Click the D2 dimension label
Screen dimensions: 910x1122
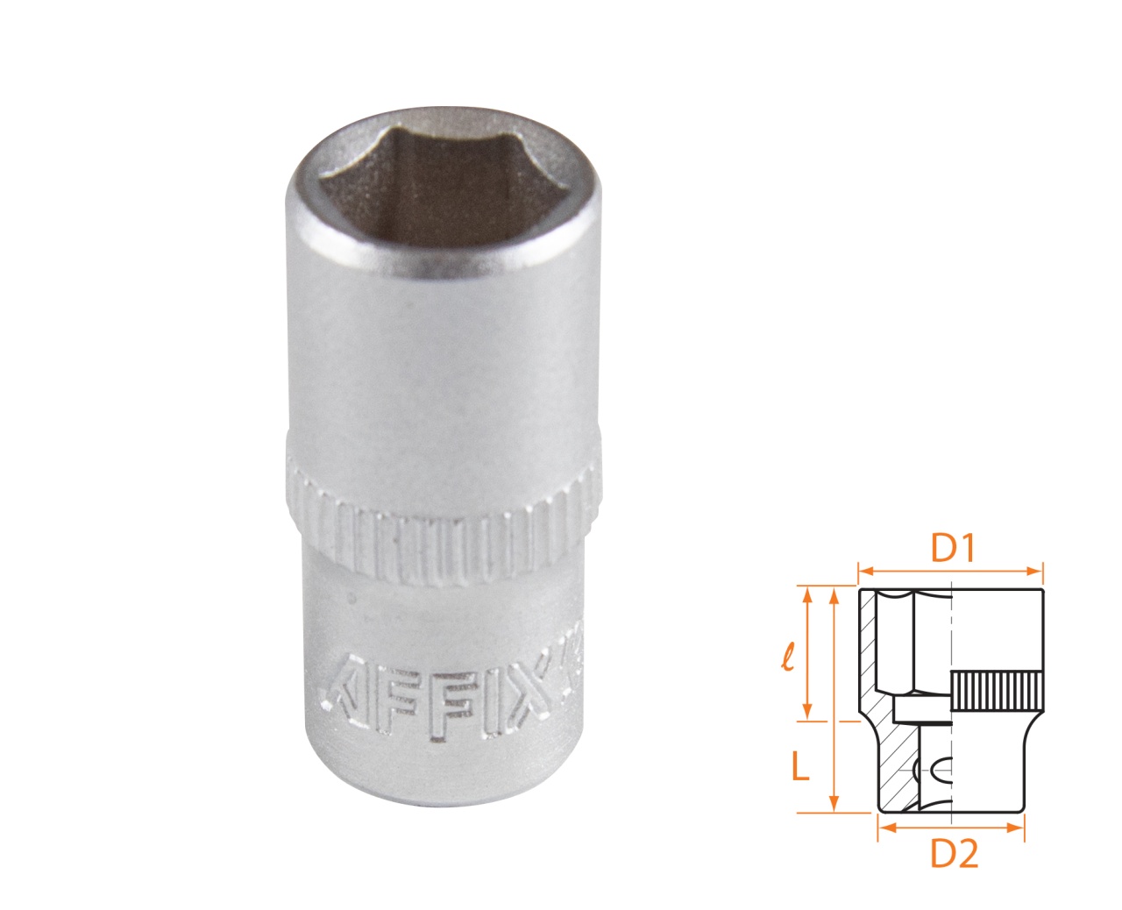click(954, 853)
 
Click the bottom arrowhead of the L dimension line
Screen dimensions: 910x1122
click(835, 806)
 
